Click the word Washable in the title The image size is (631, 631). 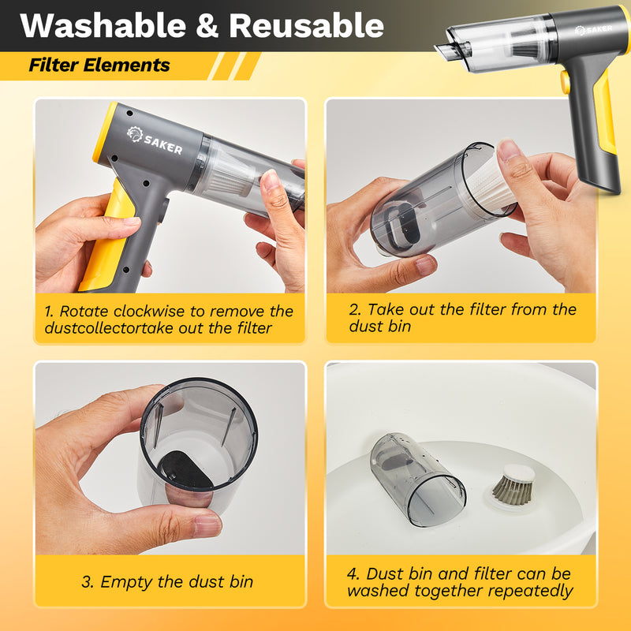tap(103, 25)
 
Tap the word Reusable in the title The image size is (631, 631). tap(306, 25)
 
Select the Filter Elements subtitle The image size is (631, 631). tap(99, 65)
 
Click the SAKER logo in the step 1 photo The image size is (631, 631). tap(155, 140)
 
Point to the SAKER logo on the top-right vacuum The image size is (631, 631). tap(593, 29)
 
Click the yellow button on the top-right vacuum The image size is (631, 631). tap(565, 82)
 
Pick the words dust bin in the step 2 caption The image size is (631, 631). tap(380, 327)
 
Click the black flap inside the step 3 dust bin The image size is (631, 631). tap(185, 470)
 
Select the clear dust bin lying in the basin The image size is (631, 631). tap(417, 479)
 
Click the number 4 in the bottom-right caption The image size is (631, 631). tap(353, 574)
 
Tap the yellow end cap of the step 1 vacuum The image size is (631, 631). tap(104, 133)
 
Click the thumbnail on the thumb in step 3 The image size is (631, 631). tap(207, 526)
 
